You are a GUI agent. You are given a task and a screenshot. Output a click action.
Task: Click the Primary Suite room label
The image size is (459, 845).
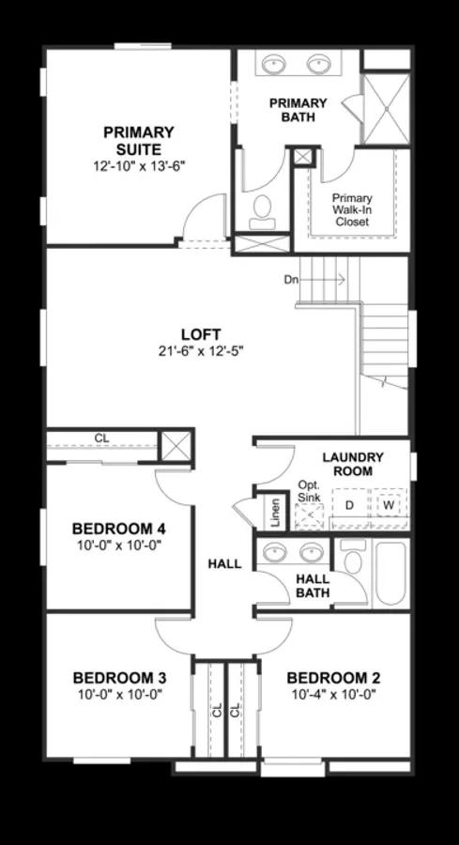(139, 141)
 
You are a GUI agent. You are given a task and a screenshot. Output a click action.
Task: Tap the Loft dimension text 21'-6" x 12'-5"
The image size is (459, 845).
(201, 351)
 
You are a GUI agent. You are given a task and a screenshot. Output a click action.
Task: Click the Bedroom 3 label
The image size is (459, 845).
(119, 678)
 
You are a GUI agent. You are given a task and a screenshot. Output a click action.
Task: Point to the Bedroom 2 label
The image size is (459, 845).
(333, 678)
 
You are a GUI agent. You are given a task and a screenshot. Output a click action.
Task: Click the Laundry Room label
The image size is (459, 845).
(353, 464)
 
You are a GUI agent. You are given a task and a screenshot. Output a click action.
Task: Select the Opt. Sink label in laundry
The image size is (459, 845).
(310, 491)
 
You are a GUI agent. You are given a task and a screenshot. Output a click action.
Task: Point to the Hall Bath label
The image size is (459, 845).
(313, 585)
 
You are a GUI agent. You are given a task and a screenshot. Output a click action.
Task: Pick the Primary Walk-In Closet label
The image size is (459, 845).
(352, 209)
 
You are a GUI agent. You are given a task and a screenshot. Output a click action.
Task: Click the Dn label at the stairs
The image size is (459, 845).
(293, 280)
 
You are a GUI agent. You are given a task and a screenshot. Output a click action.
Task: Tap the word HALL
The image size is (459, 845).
(224, 564)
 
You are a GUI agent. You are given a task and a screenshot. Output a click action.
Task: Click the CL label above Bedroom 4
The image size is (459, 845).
(100, 438)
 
